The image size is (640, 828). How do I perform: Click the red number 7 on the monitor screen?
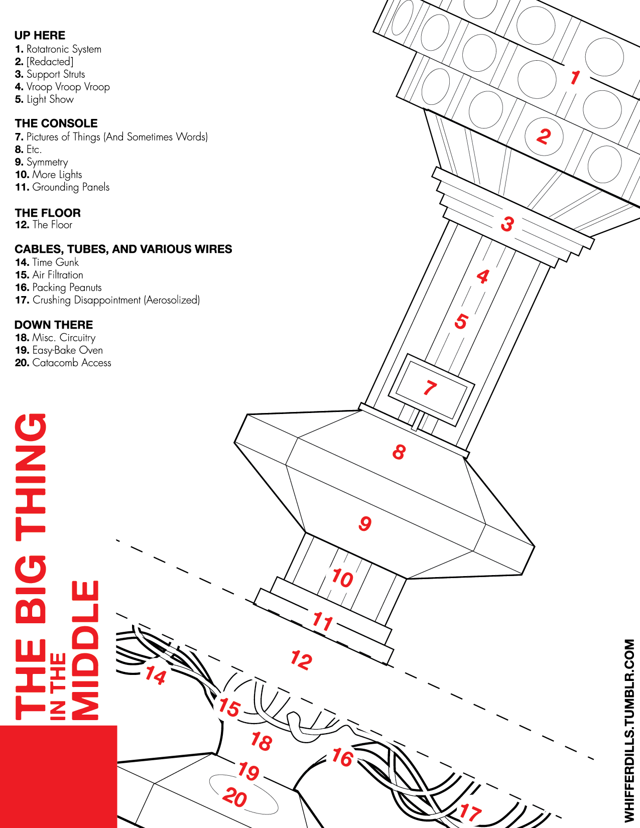430,388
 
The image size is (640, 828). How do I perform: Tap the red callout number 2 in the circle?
544,136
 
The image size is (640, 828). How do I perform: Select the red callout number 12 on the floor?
302,660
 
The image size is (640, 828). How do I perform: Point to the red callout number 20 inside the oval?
235,797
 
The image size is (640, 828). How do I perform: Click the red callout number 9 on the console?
365,523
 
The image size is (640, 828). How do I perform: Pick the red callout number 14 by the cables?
156,675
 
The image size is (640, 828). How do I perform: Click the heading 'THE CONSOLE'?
56,123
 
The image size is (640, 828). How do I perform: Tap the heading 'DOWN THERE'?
54,325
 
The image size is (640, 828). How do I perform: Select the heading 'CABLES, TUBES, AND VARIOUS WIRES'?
123,249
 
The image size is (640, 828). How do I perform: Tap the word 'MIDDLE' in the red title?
85,650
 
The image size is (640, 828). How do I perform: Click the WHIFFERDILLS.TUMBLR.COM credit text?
629,728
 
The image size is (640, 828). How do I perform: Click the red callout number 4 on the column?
483,277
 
